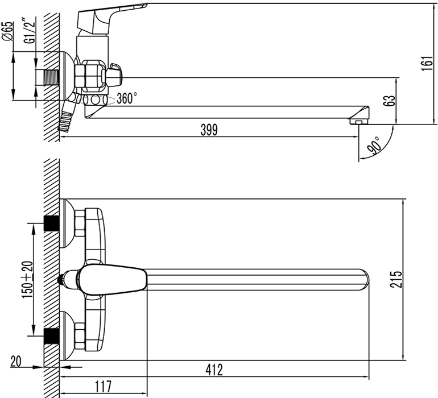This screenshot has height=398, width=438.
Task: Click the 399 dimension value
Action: coord(209,130)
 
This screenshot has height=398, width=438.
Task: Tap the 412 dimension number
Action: coord(214,370)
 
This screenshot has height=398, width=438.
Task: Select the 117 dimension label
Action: coord(103,387)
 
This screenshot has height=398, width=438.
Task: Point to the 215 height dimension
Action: coord(396,279)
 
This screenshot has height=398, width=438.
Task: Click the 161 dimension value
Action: coord(427,63)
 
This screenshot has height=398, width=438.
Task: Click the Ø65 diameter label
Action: coord(9,31)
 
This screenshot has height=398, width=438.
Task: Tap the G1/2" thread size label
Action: coord(30,31)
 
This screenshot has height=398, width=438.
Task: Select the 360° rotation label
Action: coord(126,98)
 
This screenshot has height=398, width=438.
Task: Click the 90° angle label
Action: coord(374,146)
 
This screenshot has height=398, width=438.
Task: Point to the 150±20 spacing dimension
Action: coord(27,279)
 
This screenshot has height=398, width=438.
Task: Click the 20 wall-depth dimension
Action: coord(16,362)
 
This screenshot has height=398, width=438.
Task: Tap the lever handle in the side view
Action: coord(111,16)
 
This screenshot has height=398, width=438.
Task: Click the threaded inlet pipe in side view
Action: coord(50,77)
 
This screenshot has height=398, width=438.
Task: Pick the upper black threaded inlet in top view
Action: coord(51,223)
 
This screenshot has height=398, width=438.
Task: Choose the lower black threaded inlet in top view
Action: coord(51,336)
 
